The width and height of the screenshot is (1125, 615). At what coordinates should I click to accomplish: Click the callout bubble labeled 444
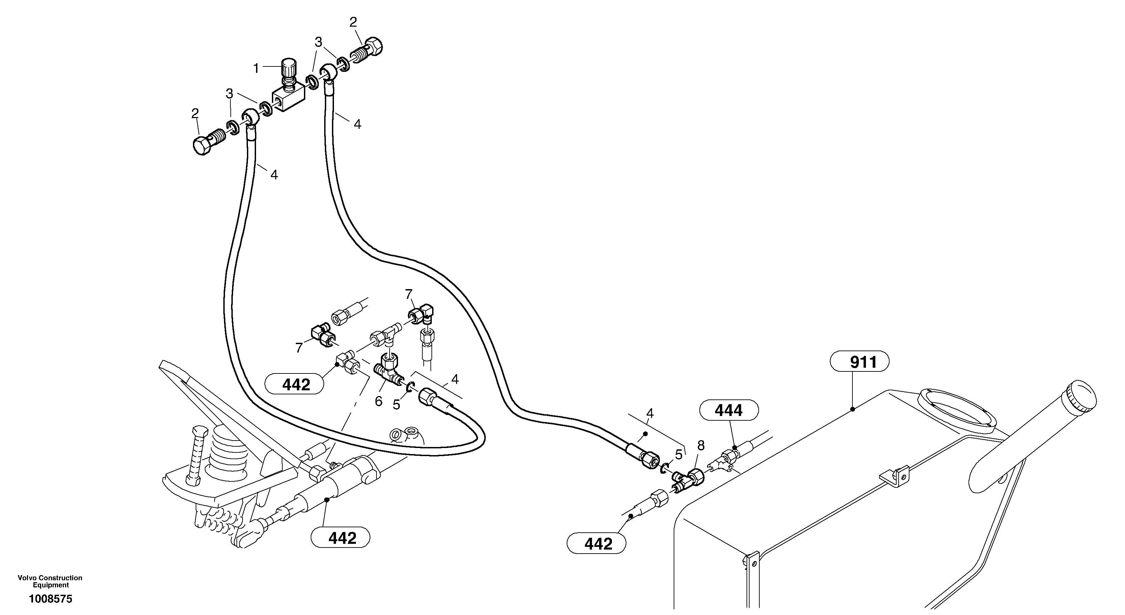coord(729,411)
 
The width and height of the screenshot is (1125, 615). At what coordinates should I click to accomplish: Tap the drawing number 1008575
coord(51,599)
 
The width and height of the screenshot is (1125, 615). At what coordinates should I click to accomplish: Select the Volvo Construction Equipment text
coord(50,581)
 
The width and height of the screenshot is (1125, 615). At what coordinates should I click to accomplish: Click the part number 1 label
coord(256,68)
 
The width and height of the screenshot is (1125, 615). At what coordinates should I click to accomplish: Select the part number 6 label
coord(378,401)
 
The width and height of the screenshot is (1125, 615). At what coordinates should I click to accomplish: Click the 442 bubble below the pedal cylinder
coord(340,538)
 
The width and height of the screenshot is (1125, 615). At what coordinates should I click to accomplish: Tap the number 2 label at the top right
coord(353,22)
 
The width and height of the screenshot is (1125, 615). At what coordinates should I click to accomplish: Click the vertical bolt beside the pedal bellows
coord(195,456)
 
